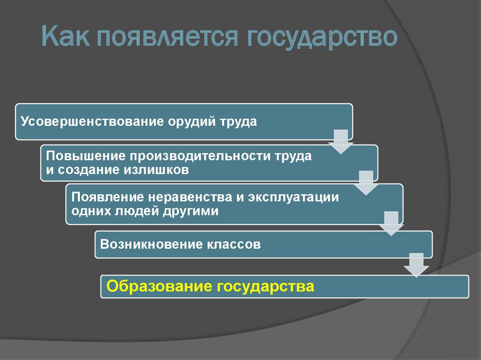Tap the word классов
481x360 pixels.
(x=233, y=245)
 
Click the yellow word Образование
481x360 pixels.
(x=158, y=286)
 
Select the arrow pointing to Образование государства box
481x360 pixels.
(x=416, y=265)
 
